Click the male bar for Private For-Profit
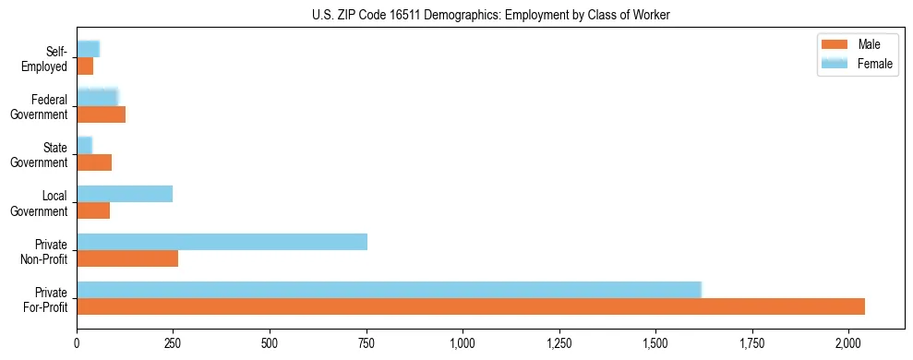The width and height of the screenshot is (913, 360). (x=471, y=306)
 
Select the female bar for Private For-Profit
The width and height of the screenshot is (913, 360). (x=389, y=290)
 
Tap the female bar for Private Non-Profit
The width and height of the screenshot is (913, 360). (x=222, y=242)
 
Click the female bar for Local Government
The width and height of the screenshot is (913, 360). (x=125, y=194)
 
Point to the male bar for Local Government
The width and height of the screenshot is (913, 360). (x=93, y=210)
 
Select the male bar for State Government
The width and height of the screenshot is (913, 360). (x=94, y=162)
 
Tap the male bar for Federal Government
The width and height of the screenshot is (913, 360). (x=101, y=114)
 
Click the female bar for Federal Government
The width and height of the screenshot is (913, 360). (x=97, y=98)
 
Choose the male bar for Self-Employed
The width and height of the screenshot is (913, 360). (x=85, y=66)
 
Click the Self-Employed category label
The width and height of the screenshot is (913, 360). (x=50, y=58)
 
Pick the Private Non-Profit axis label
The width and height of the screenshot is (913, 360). (x=45, y=250)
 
